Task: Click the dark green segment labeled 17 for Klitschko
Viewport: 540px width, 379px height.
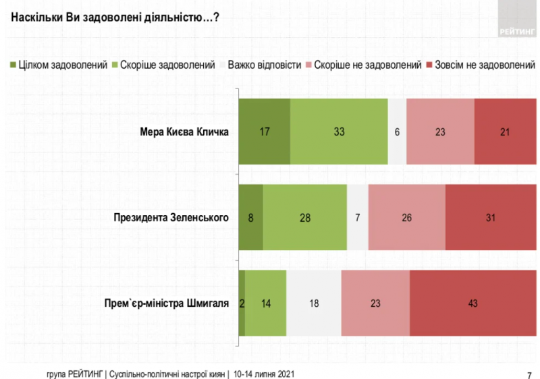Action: [x=265, y=132]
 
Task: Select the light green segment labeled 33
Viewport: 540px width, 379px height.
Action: [x=339, y=132]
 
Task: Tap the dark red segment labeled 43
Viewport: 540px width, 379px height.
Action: [x=472, y=303]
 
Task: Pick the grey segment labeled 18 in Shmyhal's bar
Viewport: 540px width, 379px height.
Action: [x=314, y=303]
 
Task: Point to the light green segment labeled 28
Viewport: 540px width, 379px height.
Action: [x=304, y=217]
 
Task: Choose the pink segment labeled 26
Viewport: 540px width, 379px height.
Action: [x=407, y=217]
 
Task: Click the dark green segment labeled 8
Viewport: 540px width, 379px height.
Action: [x=251, y=217]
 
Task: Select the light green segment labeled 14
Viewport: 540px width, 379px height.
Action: [x=266, y=303]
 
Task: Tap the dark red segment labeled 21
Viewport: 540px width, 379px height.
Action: [x=504, y=132]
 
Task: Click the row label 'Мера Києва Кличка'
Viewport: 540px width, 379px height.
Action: [x=183, y=132]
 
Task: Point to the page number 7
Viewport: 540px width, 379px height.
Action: [x=529, y=375]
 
